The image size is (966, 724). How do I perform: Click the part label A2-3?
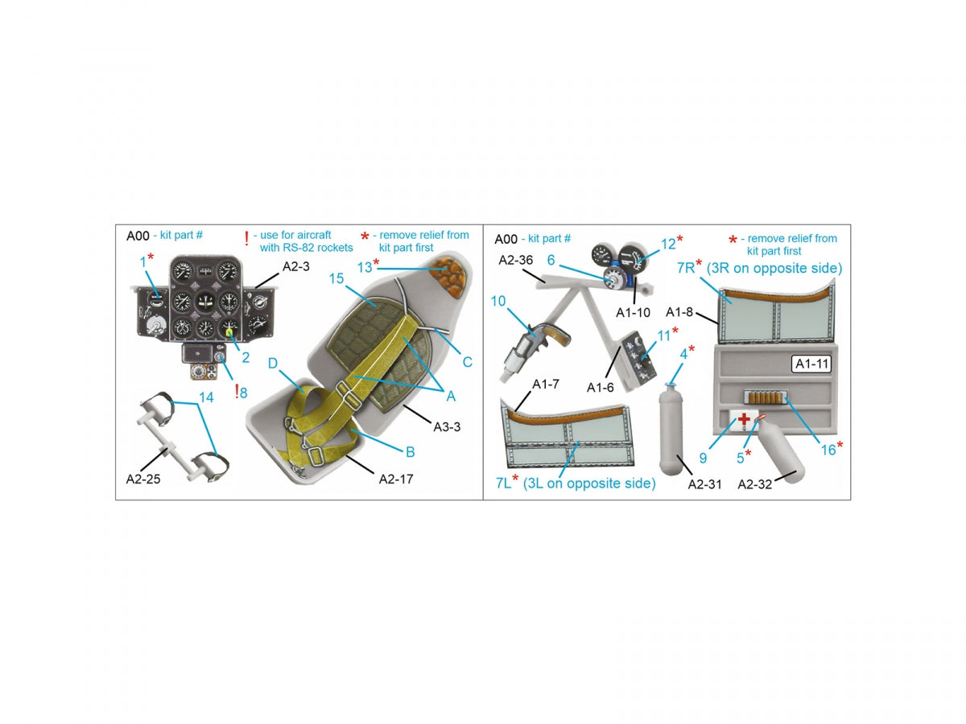(x=295, y=266)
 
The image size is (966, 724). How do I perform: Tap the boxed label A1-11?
(x=811, y=364)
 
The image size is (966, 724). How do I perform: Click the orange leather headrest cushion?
(x=448, y=277)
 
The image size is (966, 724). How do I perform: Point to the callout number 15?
(x=336, y=278)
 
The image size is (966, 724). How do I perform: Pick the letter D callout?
(x=273, y=363)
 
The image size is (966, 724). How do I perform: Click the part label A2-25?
(x=143, y=479)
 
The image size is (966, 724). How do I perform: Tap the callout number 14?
(x=206, y=397)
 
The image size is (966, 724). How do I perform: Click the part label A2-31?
(x=704, y=484)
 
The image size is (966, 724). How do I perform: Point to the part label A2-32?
(x=754, y=484)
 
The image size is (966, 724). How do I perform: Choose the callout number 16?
(x=828, y=449)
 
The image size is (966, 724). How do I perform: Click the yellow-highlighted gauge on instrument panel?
(x=229, y=333)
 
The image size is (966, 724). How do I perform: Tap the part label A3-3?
(x=447, y=426)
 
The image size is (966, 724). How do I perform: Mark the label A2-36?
(x=515, y=260)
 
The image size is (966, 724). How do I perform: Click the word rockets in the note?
(x=336, y=248)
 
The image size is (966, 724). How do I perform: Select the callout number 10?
(x=498, y=301)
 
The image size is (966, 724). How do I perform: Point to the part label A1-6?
(x=600, y=387)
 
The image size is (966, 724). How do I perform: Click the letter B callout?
(x=411, y=451)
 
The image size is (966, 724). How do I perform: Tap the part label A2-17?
(x=396, y=479)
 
